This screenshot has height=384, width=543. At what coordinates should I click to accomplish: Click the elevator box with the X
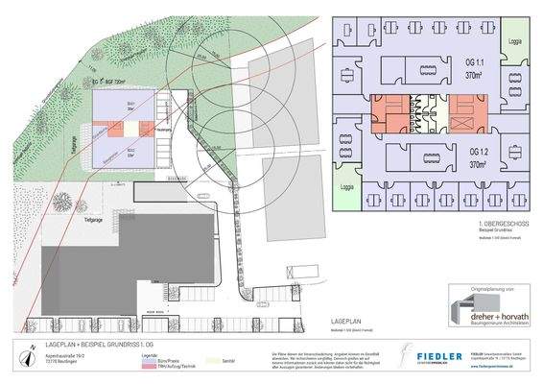click(459, 122)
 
